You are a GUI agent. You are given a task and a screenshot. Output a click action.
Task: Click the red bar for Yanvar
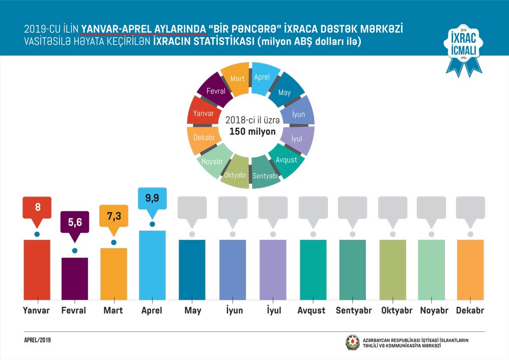pyautogui.click(x=37, y=269)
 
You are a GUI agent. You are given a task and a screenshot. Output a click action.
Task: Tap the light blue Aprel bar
pyautogui.click(x=152, y=265)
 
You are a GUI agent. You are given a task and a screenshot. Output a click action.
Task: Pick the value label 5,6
pyautogui.click(x=75, y=222)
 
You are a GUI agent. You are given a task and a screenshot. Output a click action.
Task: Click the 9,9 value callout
pyautogui.click(x=152, y=199)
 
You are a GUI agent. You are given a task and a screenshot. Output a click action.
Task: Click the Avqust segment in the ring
pyautogui.click(x=286, y=159)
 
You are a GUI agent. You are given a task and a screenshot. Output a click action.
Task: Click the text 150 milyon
pyautogui.click(x=252, y=131)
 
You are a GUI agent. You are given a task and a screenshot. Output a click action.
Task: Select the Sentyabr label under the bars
pyautogui.click(x=353, y=310)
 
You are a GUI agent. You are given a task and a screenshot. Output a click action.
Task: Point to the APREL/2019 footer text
pyautogui.click(x=37, y=340)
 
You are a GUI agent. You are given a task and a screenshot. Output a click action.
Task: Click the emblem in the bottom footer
pyautogui.click(x=352, y=342)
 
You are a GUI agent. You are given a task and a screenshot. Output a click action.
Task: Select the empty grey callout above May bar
pyautogui.click(x=192, y=207)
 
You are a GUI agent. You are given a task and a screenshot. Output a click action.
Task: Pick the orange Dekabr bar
pyautogui.click(x=470, y=269)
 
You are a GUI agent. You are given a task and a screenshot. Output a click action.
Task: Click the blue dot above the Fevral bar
pyautogui.click(x=75, y=251)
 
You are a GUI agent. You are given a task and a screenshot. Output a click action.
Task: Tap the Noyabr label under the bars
pyautogui.click(x=431, y=310)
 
